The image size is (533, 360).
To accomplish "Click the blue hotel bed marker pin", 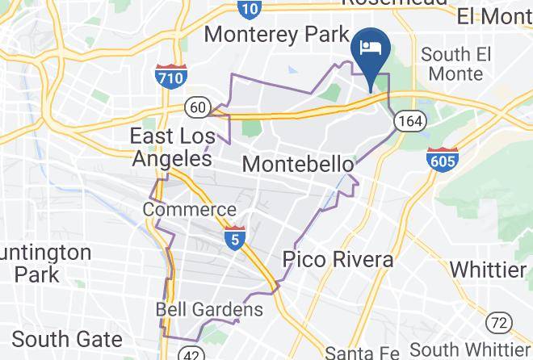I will tap(371, 48).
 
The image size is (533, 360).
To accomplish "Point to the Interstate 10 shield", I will tap(250, 8).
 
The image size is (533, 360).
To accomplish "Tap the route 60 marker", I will tap(197, 106).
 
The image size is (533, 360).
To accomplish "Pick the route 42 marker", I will tap(191, 353).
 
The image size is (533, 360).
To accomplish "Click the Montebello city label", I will tap(298, 164).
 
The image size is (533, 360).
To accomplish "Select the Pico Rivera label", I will tap(338, 260).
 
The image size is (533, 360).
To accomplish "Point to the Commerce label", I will tap(189, 210).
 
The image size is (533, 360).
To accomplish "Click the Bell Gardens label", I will tap(209, 309).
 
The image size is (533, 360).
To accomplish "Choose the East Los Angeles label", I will tap(170, 147).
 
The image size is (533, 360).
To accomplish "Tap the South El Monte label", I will tap(457, 65).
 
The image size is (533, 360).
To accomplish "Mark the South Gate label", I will tap(67, 338).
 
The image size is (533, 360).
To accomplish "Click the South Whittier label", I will tap(470, 350).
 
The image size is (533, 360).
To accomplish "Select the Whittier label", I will tap(488, 269).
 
